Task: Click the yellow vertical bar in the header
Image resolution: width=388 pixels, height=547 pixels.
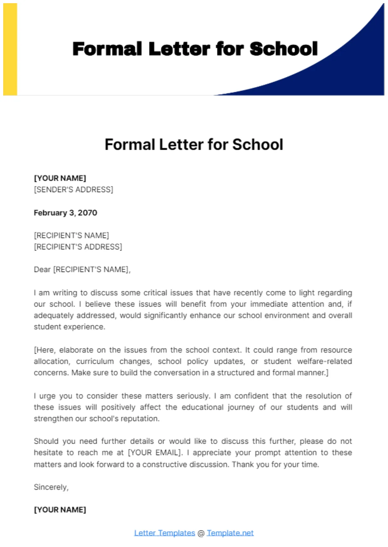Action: coord(10,49)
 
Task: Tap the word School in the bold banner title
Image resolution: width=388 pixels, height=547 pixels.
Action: coord(283,49)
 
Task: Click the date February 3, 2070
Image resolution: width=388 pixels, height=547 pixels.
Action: coord(65,213)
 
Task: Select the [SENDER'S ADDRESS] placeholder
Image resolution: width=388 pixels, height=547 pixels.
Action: coord(73,190)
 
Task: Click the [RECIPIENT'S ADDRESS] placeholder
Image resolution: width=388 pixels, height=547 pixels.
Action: coord(78,247)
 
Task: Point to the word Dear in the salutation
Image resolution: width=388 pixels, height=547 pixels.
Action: coord(42,270)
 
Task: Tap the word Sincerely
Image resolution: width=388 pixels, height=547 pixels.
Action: coord(51,487)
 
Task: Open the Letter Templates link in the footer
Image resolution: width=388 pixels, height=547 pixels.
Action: coord(164,533)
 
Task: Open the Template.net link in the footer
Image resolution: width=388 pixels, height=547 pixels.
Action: coord(230,533)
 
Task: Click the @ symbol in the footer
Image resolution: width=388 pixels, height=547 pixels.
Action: coord(201,533)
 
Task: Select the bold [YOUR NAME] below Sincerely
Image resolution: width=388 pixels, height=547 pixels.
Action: coord(60,510)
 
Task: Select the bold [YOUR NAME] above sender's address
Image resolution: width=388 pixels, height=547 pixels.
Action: coord(60,178)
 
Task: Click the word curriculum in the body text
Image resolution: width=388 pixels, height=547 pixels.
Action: coord(95,362)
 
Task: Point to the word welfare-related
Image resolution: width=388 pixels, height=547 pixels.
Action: coord(324,362)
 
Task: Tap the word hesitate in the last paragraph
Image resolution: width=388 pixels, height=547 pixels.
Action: coord(48,453)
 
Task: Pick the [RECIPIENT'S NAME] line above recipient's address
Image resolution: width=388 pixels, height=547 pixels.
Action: coord(71,236)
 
